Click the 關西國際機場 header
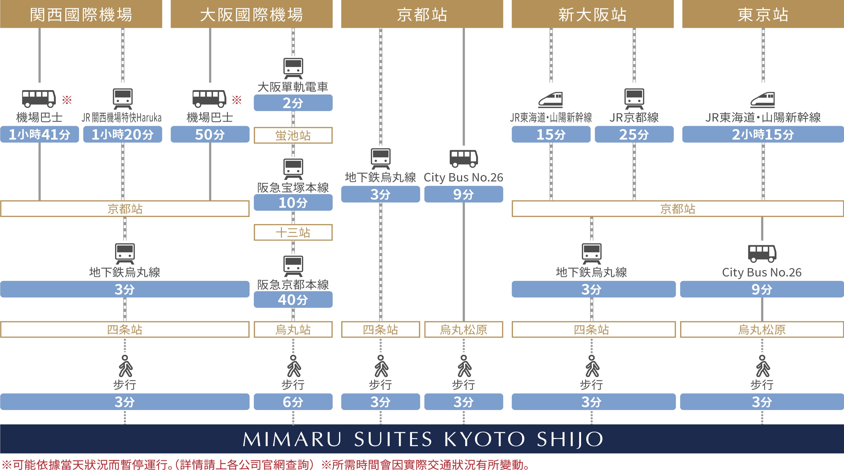click(81, 14)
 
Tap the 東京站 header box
click(763, 14)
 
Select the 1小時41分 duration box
click(39, 134)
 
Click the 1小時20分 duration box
click(123, 134)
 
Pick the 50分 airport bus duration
click(210, 134)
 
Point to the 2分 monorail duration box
click(293, 103)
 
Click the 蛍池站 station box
click(293, 135)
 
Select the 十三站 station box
click(293, 232)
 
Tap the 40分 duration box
click(293, 300)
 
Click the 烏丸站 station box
click(293, 329)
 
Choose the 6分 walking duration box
click(293, 402)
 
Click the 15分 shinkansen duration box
click(551, 134)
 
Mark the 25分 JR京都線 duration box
click(634, 134)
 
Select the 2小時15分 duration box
click(763, 134)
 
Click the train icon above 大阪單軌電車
click(293, 68)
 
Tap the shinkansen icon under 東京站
click(763, 100)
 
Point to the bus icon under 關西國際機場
click(39, 98)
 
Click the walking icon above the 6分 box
click(294, 366)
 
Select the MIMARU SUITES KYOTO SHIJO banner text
click(422, 439)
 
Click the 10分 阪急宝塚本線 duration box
click(293, 203)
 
